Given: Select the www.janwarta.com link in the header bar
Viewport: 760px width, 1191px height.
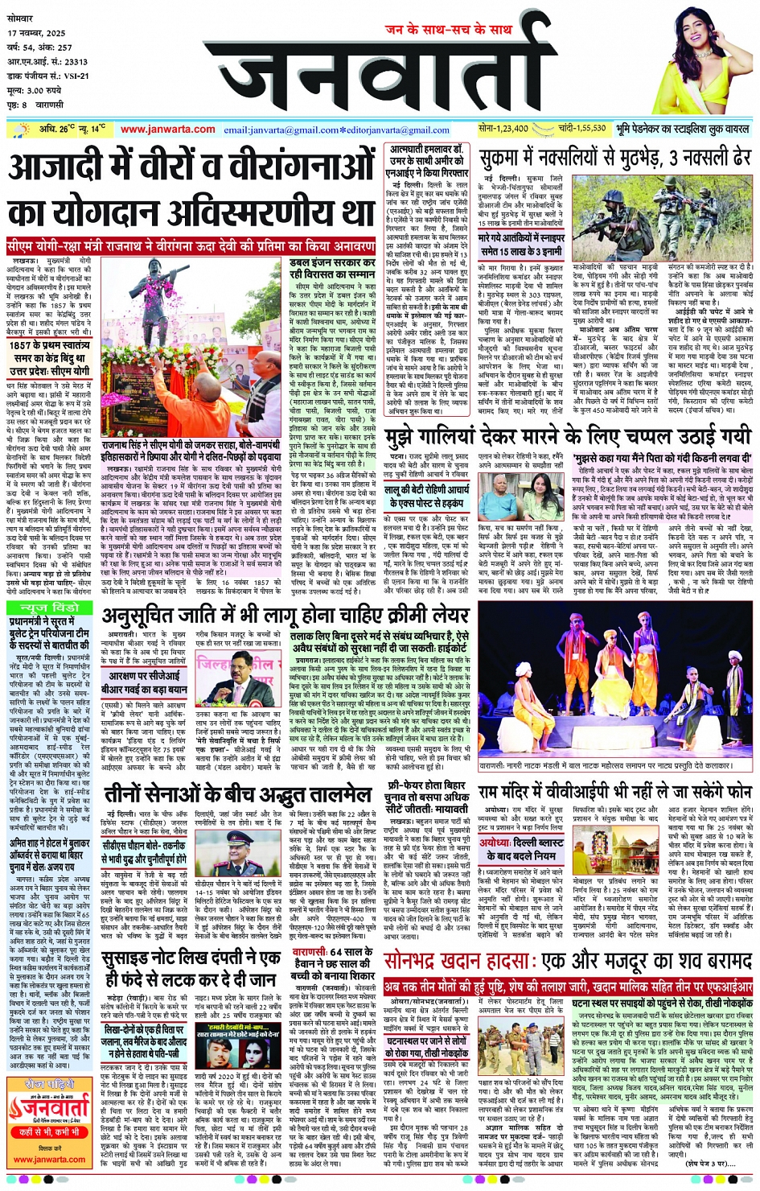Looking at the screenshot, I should (167, 130).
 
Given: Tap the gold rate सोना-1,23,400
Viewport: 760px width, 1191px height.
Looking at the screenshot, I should (503, 129).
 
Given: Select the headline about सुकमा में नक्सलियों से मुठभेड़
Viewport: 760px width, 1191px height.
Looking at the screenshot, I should (615, 159).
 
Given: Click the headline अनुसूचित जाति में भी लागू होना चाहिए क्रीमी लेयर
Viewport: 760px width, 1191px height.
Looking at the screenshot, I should (286, 616).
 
